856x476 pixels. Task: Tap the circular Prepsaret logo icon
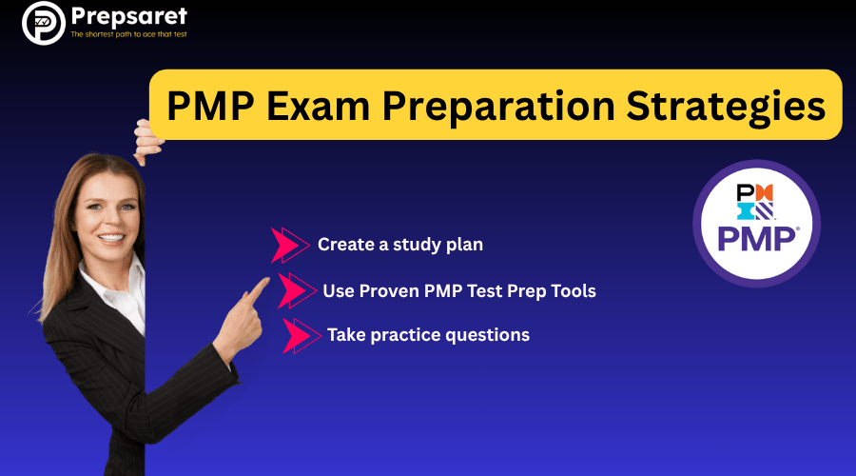point(42,24)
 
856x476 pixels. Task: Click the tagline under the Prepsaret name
point(129,35)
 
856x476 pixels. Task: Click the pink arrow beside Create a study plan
point(289,245)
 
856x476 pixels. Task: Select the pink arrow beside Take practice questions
point(300,335)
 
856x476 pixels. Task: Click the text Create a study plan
point(400,245)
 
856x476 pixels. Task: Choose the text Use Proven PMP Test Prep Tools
point(459,290)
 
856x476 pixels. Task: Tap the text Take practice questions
point(428,335)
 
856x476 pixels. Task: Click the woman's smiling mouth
point(112,238)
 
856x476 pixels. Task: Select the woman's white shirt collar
point(119,290)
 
